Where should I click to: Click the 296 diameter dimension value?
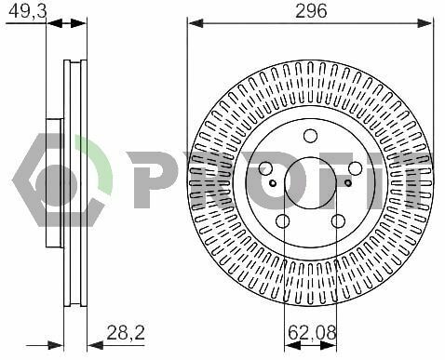pos(311,11)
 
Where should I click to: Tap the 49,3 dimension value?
pos(27,11)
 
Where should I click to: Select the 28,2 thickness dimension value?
pos(126,332)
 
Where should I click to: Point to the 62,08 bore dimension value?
pos(312,333)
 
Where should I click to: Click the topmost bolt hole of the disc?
pos(310,136)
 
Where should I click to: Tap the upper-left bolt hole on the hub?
pos(265,168)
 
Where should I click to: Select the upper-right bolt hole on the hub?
pos(355,168)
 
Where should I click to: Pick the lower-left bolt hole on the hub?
pos(283,221)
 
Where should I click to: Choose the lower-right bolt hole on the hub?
pos(338,221)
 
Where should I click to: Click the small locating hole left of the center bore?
pos(273,183)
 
